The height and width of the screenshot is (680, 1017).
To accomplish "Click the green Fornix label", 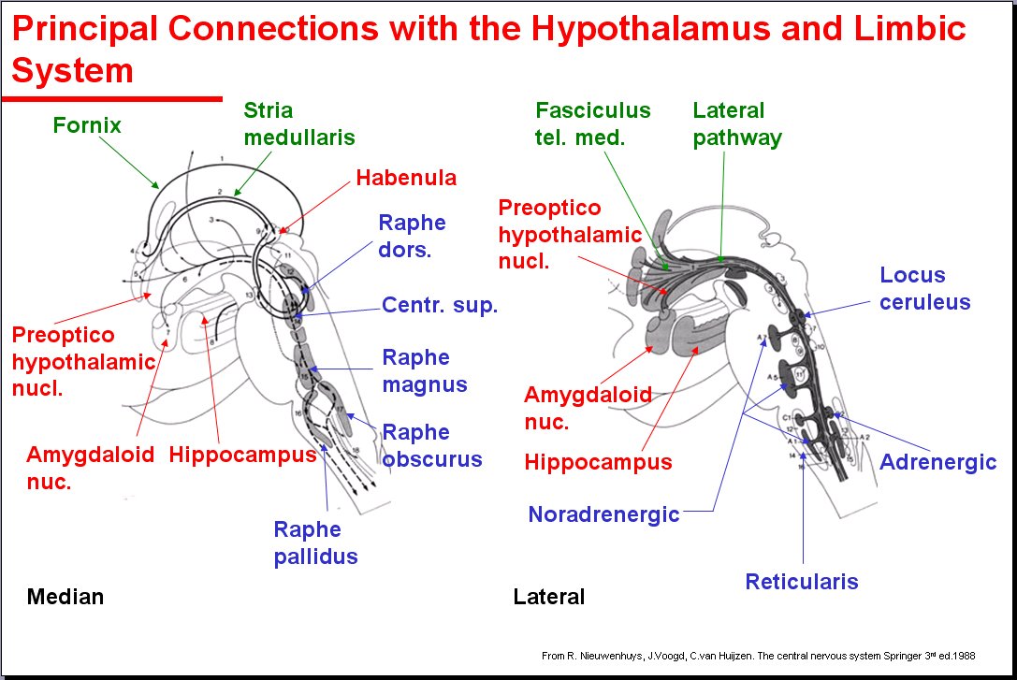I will coord(87,124).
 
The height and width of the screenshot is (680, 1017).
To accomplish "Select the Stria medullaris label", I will coord(298,123).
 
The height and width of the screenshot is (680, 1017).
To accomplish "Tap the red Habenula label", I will coord(406,178).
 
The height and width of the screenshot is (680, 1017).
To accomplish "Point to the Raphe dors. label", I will coord(412,237).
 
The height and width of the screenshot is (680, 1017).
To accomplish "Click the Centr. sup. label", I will coord(440,305).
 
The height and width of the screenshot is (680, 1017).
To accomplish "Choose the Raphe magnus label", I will coord(424,370).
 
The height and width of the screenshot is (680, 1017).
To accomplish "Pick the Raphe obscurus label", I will coord(431,445).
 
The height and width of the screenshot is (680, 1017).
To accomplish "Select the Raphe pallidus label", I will coord(315,543).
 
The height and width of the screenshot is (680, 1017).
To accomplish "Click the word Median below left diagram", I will coord(65,596).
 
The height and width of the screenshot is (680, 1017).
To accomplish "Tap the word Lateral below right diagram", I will coord(548,596).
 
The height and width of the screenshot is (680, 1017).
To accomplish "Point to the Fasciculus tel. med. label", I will coord(592,123).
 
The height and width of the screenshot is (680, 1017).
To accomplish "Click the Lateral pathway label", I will coord(736,123).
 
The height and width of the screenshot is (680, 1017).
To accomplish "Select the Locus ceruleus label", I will coord(924,288).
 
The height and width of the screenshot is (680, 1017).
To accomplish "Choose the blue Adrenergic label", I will coord(937,462).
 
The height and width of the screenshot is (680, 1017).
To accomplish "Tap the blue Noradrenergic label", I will coord(603,514).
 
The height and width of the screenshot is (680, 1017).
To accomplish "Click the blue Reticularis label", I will coord(801,582).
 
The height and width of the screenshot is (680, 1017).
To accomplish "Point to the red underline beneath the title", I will coord(112,97).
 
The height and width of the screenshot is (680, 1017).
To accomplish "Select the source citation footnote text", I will coord(758,656).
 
